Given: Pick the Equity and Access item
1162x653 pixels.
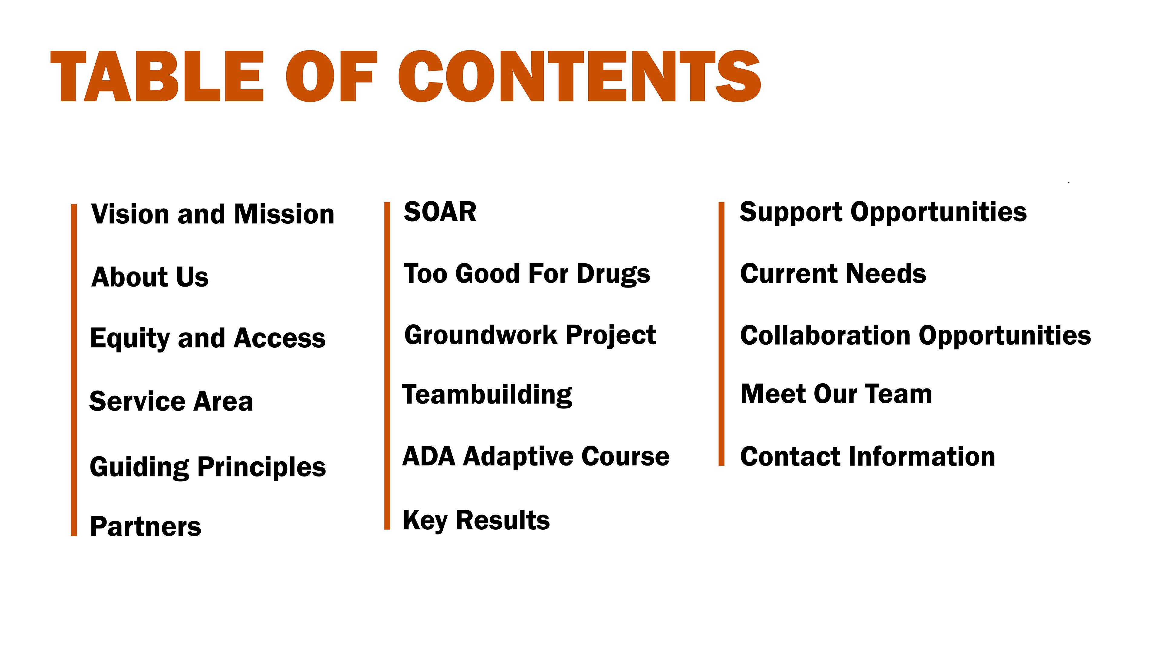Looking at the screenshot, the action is click(x=208, y=339).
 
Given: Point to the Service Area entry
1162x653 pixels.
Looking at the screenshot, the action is click(x=171, y=401).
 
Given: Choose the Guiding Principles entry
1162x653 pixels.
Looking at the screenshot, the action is click(x=208, y=467).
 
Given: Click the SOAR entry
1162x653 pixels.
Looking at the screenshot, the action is click(x=440, y=212).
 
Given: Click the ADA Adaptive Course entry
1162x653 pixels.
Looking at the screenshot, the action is click(x=536, y=456).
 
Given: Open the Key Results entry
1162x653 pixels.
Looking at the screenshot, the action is click(x=476, y=521).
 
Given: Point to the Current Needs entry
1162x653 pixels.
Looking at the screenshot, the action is click(x=833, y=274).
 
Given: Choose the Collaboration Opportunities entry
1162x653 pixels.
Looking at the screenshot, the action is click(x=916, y=336).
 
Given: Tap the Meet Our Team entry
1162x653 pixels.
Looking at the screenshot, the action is click(x=836, y=394).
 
